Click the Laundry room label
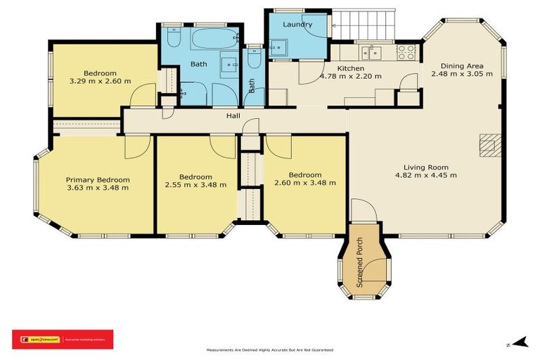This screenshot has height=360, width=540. coord(297,25)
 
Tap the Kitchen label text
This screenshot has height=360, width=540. coord(350,67)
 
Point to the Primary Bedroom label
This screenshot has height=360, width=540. coord(98,179)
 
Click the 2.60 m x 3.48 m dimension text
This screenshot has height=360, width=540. coord(305,183)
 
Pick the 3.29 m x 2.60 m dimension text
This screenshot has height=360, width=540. coord(100,82)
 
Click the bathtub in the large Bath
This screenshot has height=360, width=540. coord(214,38)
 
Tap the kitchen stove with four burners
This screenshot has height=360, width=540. coord(406,51)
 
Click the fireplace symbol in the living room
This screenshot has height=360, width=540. coord(488,144)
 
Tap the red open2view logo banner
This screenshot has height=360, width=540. coord(63,339)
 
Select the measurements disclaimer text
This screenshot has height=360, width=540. coord(269,349)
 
